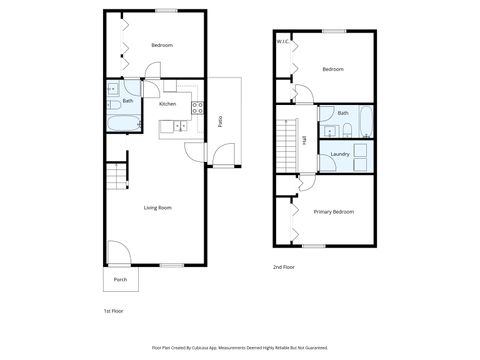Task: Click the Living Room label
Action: tap(157, 207)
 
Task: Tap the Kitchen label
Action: tap(167, 104)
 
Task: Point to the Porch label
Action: tap(120, 279)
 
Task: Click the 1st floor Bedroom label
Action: tap(162, 46)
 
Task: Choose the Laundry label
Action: tap(339, 154)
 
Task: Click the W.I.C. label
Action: tap(283, 42)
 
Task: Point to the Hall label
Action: tap(304, 140)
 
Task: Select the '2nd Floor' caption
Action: tap(284, 267)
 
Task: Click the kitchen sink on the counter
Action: tap(179, 125)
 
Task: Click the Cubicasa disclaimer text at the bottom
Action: tap(239, 347)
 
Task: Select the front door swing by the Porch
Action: tap(115, 254)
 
